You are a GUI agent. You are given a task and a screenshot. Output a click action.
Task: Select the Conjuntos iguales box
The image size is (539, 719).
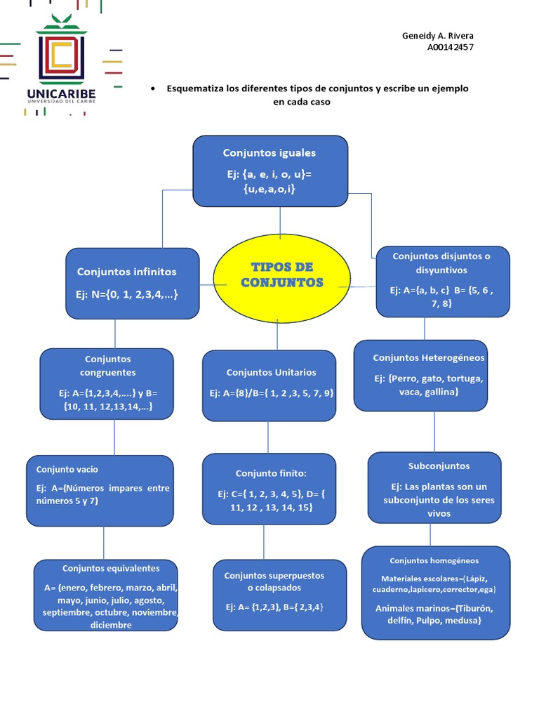point(270,171)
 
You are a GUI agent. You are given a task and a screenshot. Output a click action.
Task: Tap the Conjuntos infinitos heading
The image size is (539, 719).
point(127,272)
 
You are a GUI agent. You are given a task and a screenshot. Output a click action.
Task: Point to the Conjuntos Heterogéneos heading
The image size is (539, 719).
point(428,358)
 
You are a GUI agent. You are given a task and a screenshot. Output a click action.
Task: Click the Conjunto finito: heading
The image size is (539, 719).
point(271,473)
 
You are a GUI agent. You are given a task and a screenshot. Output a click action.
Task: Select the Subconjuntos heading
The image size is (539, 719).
point(439,466)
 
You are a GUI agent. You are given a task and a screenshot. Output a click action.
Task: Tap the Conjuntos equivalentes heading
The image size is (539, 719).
point(111,569)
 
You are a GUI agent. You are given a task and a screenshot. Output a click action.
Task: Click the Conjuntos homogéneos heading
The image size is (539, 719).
point(434,561)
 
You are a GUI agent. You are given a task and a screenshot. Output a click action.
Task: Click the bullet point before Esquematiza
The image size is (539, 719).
point(153,89)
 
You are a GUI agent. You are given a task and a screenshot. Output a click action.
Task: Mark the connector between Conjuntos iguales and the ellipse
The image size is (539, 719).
point(279,221)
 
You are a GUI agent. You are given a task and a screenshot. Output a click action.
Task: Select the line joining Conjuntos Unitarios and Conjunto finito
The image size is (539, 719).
point(267,437)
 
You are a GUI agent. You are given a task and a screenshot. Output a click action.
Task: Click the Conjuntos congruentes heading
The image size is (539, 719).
point(107,366)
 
